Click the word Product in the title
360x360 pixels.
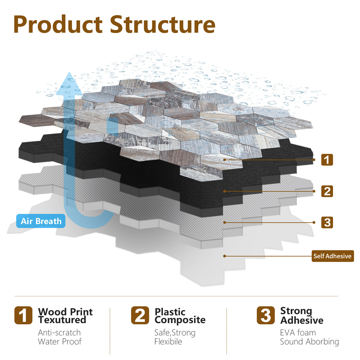(x=58, y=24)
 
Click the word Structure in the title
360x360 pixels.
(x=163, y=24)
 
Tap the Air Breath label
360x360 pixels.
(x=41, y=221)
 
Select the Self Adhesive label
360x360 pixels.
(x=332, y=256)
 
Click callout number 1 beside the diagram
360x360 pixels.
(x=327, y=160)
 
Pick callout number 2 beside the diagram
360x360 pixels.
(x=327, y=191)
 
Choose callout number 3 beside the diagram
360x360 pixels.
(x=327, y=222)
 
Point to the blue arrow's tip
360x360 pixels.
(x=69, y=72)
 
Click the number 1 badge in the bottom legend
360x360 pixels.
(x=23, y=315)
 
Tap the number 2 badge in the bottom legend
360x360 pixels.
(x=140, y=315)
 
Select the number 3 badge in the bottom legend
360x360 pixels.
(x=266, y=315)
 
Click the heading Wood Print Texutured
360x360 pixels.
(x=65, y=316)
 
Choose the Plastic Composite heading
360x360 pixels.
(x=180, y=316)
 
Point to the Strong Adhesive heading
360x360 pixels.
(x=302, y=316)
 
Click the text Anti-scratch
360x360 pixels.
(x=59, y=333)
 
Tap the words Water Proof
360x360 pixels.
(x=60, y=342)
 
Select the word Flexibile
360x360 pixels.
(x=168, y=342)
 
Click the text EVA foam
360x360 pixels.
(x=298, y=333)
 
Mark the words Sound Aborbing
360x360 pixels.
(x=310, y=342)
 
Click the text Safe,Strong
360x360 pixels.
(x=175, y=333)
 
